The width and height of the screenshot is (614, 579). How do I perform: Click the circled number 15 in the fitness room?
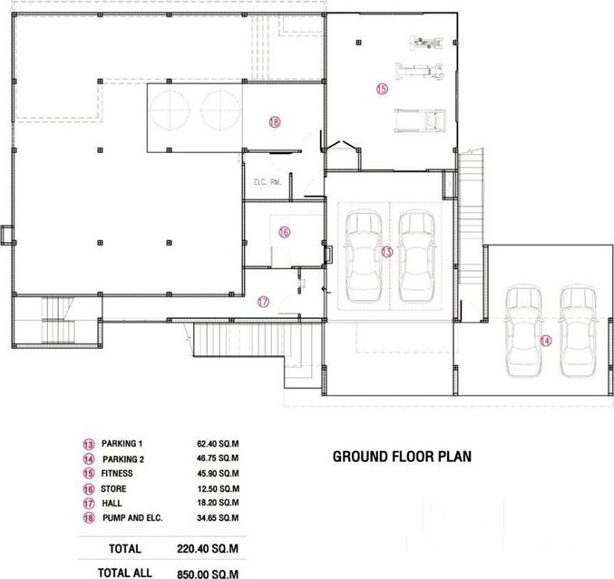click(x=382, y=89)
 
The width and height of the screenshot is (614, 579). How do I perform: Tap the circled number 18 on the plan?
click(x=275, y=122)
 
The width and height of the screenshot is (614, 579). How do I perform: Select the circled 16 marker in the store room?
click(x=284, y=232)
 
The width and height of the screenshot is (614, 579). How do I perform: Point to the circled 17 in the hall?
click(x=264, y=302)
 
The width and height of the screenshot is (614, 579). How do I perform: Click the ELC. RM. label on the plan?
click(x=268, y=182)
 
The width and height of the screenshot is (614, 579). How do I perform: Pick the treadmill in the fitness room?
click(x=420, y=121)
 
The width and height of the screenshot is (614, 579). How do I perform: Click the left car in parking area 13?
click(x=363, y=256)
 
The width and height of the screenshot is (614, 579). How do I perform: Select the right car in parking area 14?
click(x=578, y=331)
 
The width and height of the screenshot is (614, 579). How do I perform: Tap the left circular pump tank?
click(x=171, y=109)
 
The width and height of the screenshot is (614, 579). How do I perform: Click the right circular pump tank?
click(x=220, y=109)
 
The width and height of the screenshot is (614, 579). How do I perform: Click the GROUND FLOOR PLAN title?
click(x=402, y=457)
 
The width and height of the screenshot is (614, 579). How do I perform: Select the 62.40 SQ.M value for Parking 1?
click(x=218, y=444)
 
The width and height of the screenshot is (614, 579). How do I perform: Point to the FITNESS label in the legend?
click(x=117, y=473)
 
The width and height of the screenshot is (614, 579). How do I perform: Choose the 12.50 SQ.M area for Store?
click(x=218, y=488)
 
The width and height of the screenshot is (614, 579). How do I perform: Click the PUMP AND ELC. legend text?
click(x=132, y=518)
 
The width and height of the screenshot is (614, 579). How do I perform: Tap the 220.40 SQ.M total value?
click(x=208, y=548)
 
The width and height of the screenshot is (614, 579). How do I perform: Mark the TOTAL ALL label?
click(x=125, y=573)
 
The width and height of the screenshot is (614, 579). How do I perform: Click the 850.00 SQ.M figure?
click(x=208, y=574)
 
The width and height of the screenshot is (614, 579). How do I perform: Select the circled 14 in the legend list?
click(x=89, y=458)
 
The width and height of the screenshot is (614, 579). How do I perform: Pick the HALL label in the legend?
click(x=112, y=503)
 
